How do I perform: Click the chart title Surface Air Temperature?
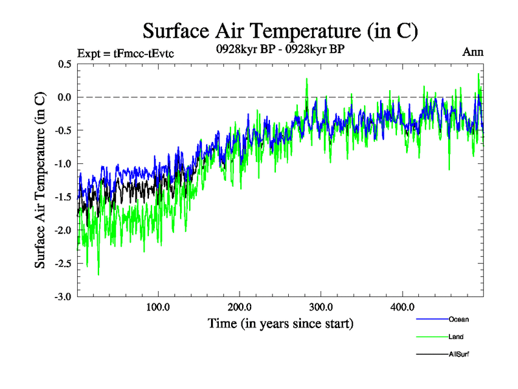[x=280, y=31]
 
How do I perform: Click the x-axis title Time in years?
[x=280, y=323]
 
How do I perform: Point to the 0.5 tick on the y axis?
[x=64, y=64]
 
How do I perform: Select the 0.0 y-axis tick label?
[x=64, y=97]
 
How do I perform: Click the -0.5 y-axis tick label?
[x=63, y=130]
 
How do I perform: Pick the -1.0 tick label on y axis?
[x=63, y=164]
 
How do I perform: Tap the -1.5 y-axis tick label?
[x=63, y=197]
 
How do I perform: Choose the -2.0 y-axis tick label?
[x=63, y=230]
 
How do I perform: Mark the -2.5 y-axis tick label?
[x=63, y=263]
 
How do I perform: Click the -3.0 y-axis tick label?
[x=63, y=297]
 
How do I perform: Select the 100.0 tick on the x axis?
[x=158, y=307]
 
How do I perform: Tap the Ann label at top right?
[x=473, y=53]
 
